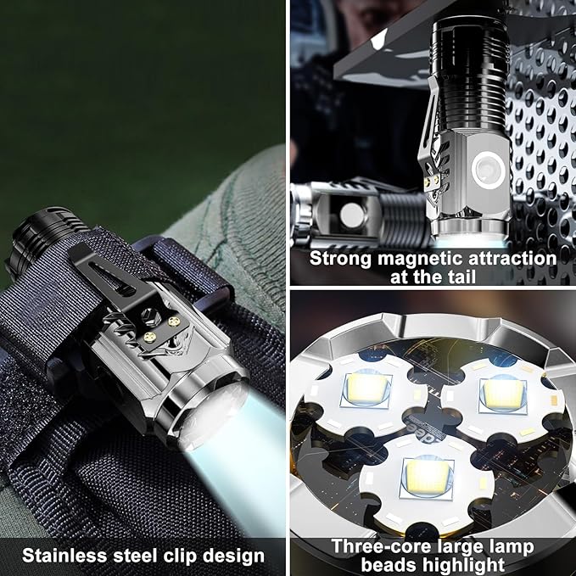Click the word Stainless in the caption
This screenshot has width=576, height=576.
(x=64, y=556)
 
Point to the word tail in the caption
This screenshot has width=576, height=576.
(x=462, y=277)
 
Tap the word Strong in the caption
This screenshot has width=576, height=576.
(x=340, y=260)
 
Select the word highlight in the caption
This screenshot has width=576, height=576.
(x=464, y=565)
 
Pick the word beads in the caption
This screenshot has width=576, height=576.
(x=389, y=564)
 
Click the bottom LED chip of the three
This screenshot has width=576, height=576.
(x=428, y=477)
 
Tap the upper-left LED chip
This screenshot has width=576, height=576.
(x=367, y=389)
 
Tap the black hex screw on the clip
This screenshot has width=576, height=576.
(x=151, y=316)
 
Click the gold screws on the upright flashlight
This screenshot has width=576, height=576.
(x=432, y=180)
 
